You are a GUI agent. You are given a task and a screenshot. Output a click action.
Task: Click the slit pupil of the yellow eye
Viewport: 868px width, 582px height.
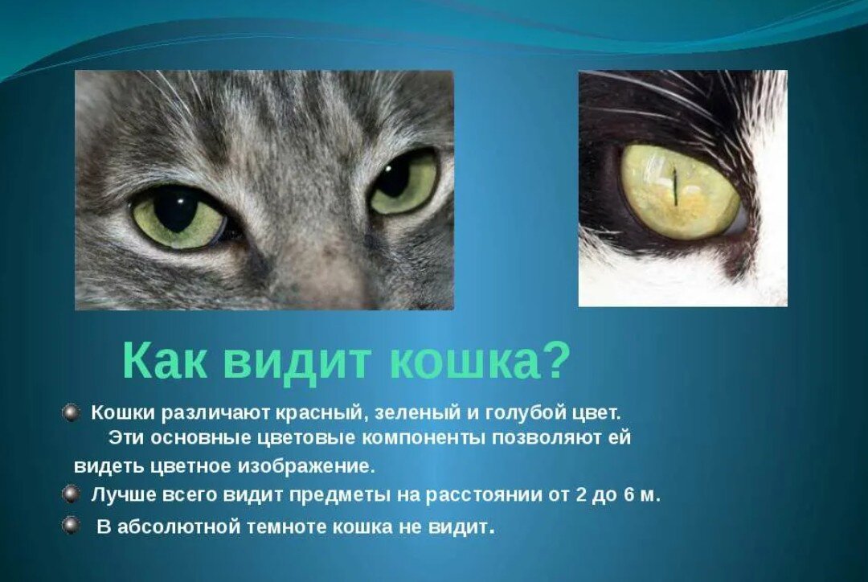tap(675, 186)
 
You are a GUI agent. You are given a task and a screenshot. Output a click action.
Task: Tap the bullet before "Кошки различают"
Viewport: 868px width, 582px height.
tap(70, 412)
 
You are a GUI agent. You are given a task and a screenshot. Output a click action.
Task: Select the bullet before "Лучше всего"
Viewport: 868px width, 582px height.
tap(70, 494)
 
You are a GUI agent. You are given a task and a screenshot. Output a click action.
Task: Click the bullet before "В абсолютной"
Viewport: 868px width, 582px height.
tap(70, 526)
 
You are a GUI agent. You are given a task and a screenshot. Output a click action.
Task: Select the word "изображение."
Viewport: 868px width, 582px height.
tap(306, 466)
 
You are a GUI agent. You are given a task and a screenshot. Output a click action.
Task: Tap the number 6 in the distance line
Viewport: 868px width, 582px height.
tap(628, 494)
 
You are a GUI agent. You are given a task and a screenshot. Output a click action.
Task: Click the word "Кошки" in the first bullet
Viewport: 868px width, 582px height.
tap(123, 414)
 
